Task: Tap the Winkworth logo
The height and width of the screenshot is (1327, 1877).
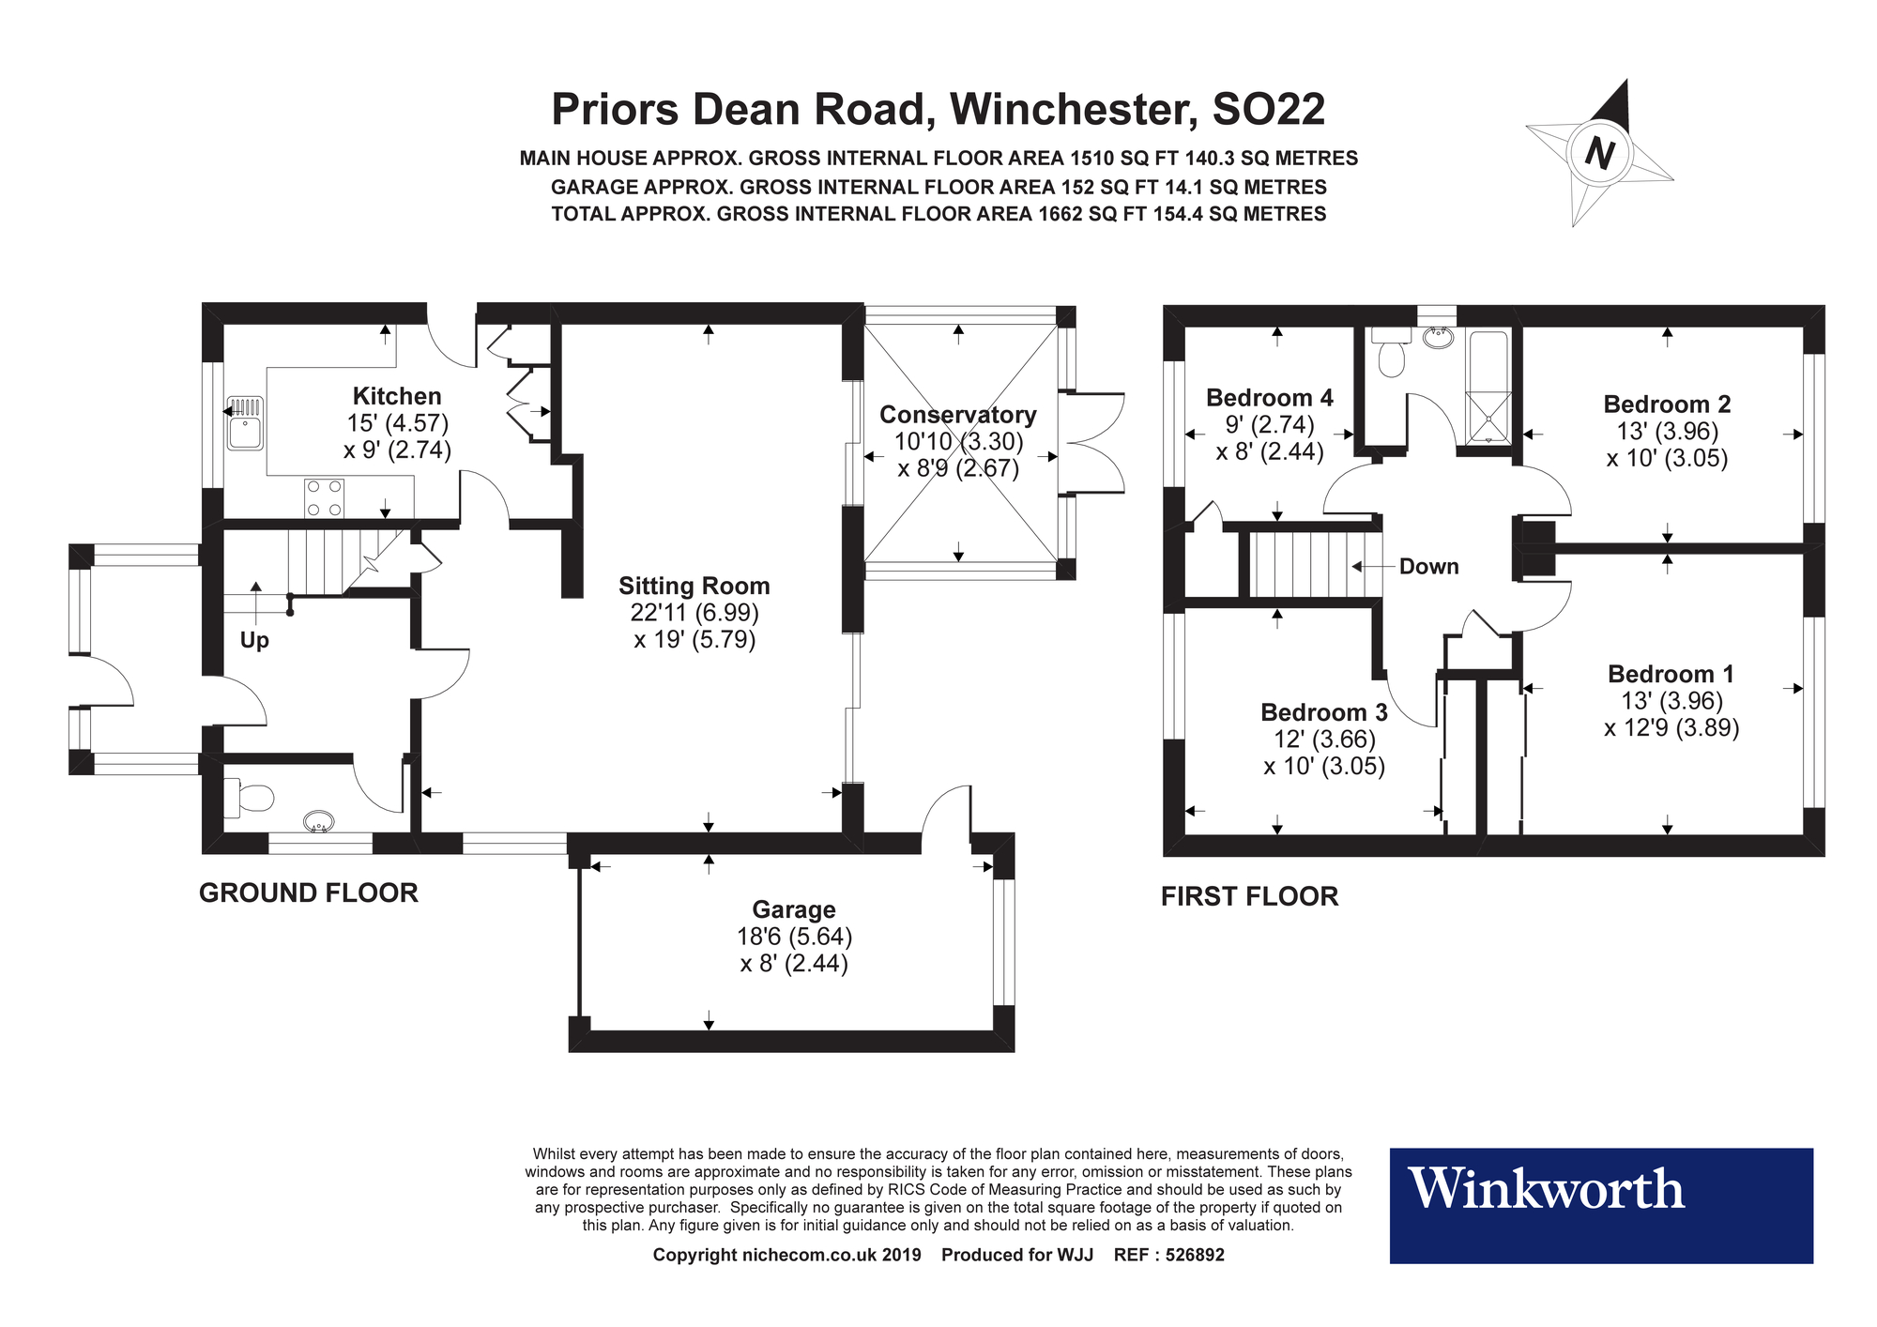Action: click(x=1546, y=1190)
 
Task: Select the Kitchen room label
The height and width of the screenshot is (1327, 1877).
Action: click(x=397, y=396)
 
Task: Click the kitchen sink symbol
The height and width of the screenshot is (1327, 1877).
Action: click(x=245, y=423)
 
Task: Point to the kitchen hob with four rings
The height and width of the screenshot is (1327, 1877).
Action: click(x=324, y=497)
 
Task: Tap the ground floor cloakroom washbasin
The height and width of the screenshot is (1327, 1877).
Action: click(x=319, y=823)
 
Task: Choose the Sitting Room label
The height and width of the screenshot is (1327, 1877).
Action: click(x=694, y=587)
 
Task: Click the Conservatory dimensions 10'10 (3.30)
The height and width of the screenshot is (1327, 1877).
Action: click(x=958, y=441)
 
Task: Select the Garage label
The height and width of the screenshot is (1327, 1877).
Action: click(x=794, y=909)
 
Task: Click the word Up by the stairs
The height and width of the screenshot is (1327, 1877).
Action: click(x=254, y=640)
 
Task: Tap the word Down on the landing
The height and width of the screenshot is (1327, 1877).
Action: click(x=1428, y=567)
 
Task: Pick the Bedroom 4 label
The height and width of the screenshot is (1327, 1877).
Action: click(x=1269, y=398)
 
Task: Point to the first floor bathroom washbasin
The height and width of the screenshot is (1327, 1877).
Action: click(x=1437, y=337)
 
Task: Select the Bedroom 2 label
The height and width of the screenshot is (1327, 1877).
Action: click(x=1667, y=404)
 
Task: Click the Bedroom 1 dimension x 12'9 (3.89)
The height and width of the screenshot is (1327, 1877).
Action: click(x=1671, y=728)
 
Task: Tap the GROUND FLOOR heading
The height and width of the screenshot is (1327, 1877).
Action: click(x=309, y=892)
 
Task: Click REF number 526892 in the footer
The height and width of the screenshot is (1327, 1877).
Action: click(x=1194, y=1255)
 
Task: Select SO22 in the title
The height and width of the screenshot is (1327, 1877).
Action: click(x=1269, y=110)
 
